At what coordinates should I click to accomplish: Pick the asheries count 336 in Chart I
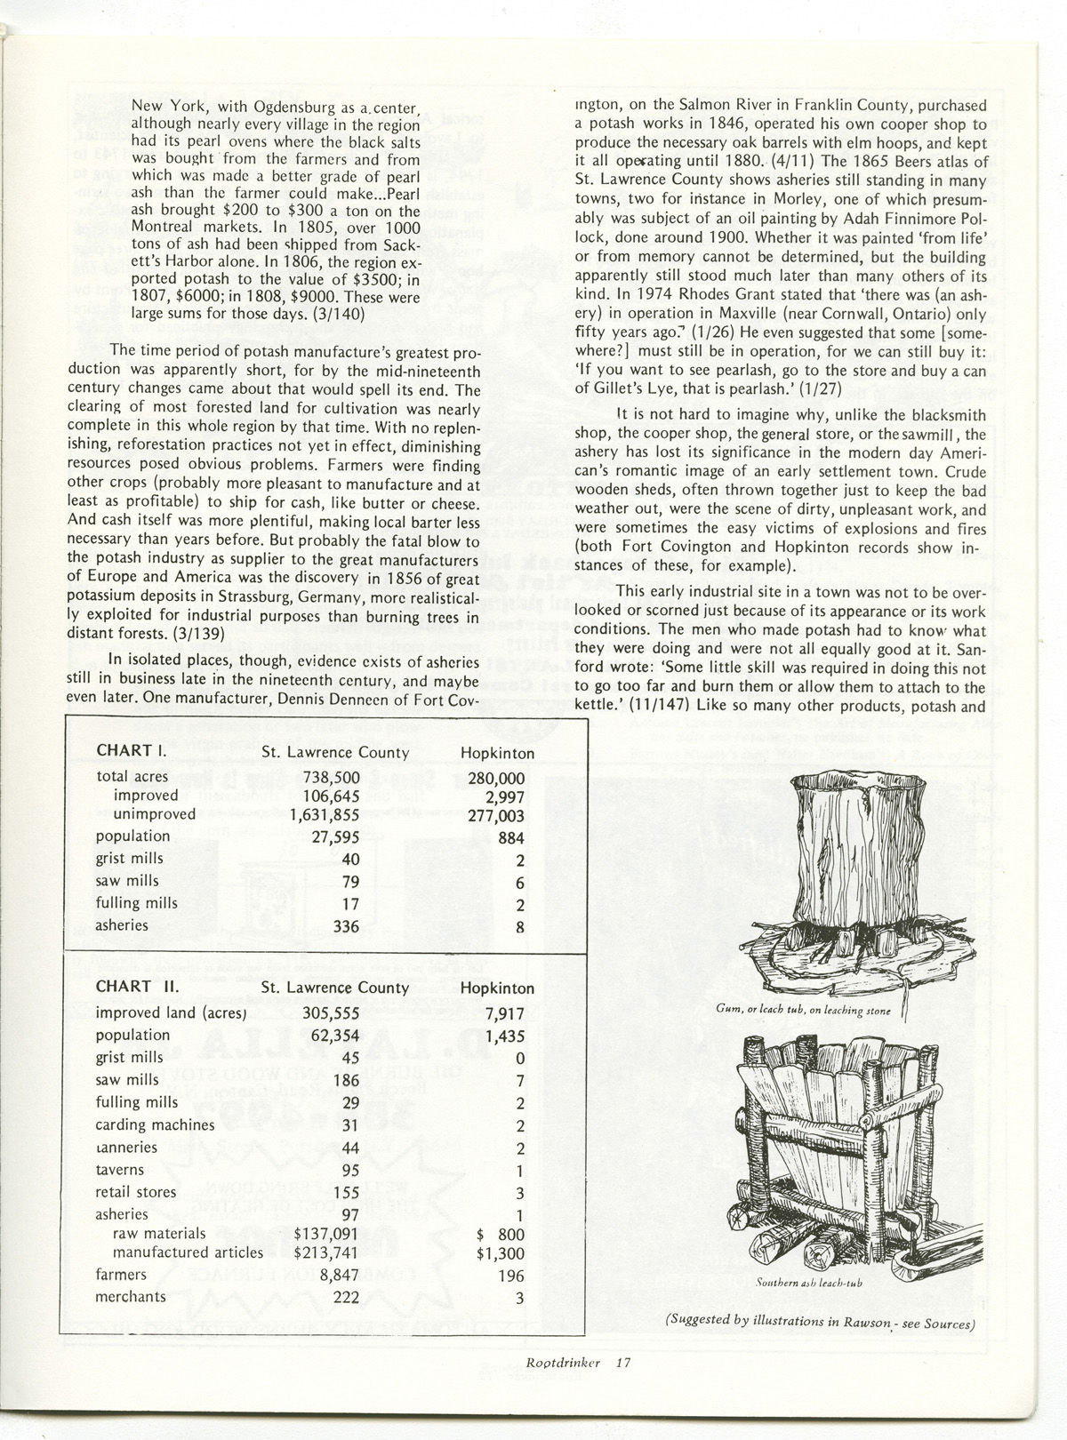343,926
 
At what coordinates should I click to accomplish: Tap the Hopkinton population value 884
511,837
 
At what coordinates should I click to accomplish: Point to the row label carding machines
156,1124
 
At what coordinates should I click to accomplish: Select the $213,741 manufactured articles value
327,1253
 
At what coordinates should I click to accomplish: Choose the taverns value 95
349,1170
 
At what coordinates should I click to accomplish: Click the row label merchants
131,1297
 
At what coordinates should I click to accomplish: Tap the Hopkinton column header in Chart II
498,988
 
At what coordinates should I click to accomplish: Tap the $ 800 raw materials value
501,1234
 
